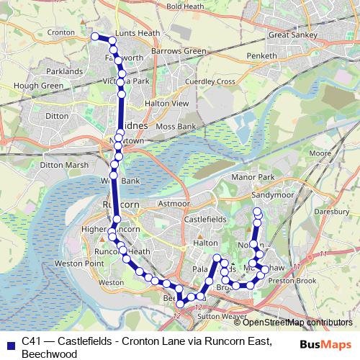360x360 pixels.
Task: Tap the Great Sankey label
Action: pyautogui.click(x=289, y=34)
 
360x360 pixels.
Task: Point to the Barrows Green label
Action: pyautogui.click(x=179, y=51)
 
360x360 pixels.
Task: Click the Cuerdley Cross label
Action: pyautogui.click(x=210, y=81)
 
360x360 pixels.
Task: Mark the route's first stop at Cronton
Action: pyautogui.click(x=94, y=36)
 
